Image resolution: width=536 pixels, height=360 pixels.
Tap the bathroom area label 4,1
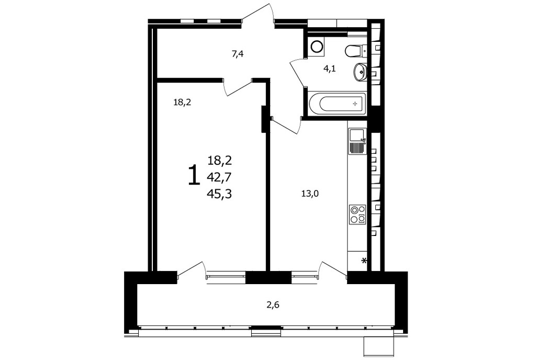pyautogui.click(x=330, y=69)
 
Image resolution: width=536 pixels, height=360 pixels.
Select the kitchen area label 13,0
pyautogui.click(x=310, y=194)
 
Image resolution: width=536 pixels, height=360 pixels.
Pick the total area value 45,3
pyautogui.click(x=219, y=194)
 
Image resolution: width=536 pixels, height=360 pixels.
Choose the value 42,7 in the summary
pyautogui.click(x=219, y=177)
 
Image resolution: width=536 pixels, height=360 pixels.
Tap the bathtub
pyautogui.click(x=337, y=103)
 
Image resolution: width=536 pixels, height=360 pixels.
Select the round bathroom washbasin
pyautogui.click(x=360, y=72)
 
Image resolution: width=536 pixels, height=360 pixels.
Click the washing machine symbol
pyautogui.click(x=316, y=47)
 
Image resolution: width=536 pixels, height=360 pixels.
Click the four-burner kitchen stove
pyautogui.click(x=357, y=215)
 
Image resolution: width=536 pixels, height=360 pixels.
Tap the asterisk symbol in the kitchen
pyautogui.click(x=364, y=261)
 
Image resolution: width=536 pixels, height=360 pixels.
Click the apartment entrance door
pyautogui.click(x=259, y=15)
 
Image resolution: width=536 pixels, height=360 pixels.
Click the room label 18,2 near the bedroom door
pyautogui.click(x=182, y=102)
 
